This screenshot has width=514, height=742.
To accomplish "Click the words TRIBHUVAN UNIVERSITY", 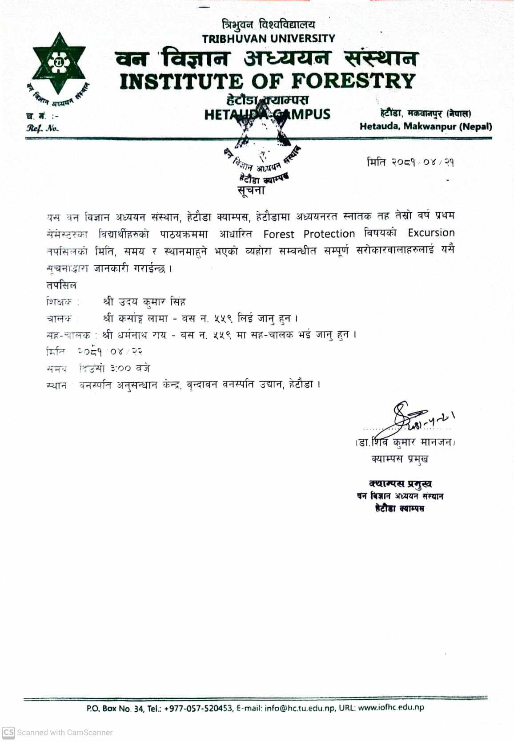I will [269, 39].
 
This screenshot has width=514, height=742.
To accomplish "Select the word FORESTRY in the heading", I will [353, 81].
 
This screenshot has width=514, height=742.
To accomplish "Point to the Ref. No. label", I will [42, 129].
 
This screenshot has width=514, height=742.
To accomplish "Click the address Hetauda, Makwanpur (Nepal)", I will [426, 126].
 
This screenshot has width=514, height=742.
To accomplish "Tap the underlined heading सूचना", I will [251, 191].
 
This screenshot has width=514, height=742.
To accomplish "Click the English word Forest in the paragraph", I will [279, 234].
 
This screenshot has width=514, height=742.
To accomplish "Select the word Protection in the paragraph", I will [329, 234].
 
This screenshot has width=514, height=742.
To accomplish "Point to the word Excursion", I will [431, 233].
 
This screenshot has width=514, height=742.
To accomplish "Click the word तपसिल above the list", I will [61, 285].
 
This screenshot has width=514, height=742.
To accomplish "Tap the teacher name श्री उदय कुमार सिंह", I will [144, 302].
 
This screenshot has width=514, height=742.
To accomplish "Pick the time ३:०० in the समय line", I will [120, 369].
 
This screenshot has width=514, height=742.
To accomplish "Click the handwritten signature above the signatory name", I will [407, 419].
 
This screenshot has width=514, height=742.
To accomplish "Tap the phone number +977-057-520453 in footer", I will [198, 708].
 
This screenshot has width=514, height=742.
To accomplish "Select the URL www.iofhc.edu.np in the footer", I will [391, 707].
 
